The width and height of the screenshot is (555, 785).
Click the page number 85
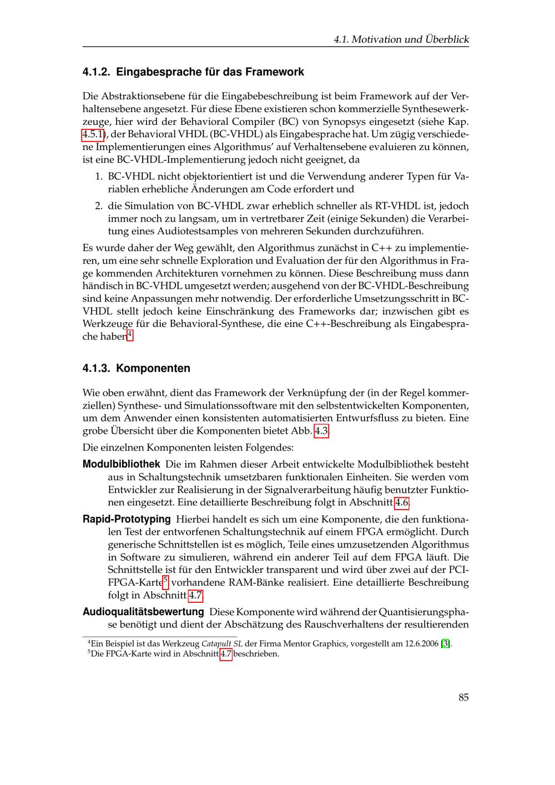[463, 697]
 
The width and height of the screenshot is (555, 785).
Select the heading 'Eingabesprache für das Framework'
[210, 72]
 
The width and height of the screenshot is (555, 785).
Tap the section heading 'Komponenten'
[153, 368]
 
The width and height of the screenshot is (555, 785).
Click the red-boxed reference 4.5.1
[93, 134]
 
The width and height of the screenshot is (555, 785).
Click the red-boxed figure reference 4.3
[322, 431]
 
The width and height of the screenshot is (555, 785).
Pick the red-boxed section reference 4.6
[402, 503]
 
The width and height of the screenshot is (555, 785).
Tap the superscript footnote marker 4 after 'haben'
[130, 334]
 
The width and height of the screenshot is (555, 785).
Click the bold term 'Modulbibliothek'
[121, 464]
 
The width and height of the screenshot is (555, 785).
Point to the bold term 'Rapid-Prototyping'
[127, 520]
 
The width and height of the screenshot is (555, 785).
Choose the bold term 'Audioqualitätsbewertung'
[143, 612]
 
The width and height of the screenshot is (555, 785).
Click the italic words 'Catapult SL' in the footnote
[221, 644]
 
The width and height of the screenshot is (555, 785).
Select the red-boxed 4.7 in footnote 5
[226, 654]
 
